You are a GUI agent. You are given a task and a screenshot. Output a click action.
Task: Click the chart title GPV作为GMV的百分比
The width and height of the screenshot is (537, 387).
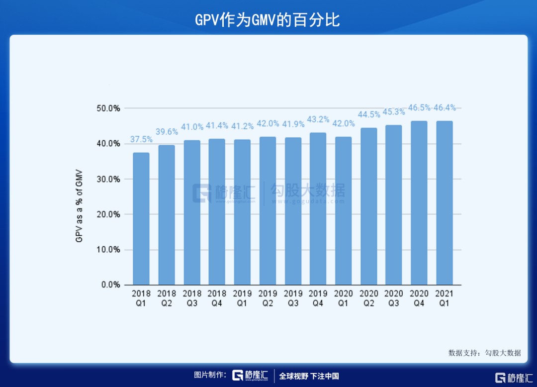click(x=268, y=20)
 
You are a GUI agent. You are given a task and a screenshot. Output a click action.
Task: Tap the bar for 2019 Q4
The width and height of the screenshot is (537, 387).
click(x=318, y=209)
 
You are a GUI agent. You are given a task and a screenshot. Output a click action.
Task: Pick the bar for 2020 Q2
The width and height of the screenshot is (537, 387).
click(x=368, y=206)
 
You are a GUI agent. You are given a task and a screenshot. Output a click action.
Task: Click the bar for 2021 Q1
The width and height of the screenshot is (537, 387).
click(x=444, y=203)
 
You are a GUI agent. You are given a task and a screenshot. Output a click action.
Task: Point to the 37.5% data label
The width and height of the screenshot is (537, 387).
click(x=141, y=140)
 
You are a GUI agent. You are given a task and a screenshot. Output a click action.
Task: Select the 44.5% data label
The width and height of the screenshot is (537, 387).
click(x=368, y=114)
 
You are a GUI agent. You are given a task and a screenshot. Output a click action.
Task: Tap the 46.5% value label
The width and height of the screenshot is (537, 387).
click(x=419, y=108)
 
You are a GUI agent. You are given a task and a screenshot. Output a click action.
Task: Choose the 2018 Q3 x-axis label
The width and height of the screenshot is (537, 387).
click(x=192, y=298)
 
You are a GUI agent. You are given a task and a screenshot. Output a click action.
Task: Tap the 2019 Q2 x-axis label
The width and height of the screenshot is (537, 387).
click(x=268, y=298)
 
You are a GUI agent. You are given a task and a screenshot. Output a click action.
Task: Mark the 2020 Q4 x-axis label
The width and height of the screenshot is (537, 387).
click(x=419, y=298)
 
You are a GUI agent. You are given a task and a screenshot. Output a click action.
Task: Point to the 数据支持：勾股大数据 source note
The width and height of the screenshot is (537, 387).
click(x=484, y=353)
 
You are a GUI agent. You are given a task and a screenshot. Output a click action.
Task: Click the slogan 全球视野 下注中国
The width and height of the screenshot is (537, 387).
click(x=309, y=376)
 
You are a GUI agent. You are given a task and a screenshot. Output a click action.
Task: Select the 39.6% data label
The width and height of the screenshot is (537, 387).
click(x=167, y=132)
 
